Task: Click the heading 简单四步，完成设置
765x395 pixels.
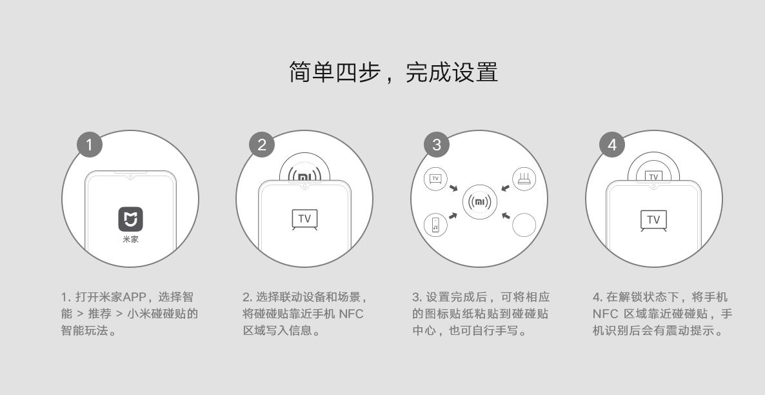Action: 393,72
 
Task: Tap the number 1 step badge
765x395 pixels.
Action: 90,145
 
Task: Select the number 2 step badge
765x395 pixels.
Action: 261,145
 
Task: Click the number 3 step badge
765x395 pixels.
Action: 437,145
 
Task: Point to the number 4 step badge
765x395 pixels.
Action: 611,145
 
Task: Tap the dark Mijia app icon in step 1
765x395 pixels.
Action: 130,219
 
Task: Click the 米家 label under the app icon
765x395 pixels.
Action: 130,239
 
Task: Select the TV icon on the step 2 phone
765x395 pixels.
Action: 304,219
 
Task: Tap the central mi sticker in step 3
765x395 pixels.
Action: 479,202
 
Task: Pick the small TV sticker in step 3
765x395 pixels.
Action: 435,179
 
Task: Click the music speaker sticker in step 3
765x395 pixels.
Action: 435,225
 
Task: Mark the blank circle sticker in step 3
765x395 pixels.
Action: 524,225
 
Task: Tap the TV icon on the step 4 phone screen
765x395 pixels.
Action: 653,220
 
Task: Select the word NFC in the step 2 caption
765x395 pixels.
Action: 351,314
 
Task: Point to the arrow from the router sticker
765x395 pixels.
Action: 505,188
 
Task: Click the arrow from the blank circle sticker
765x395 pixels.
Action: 505,215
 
